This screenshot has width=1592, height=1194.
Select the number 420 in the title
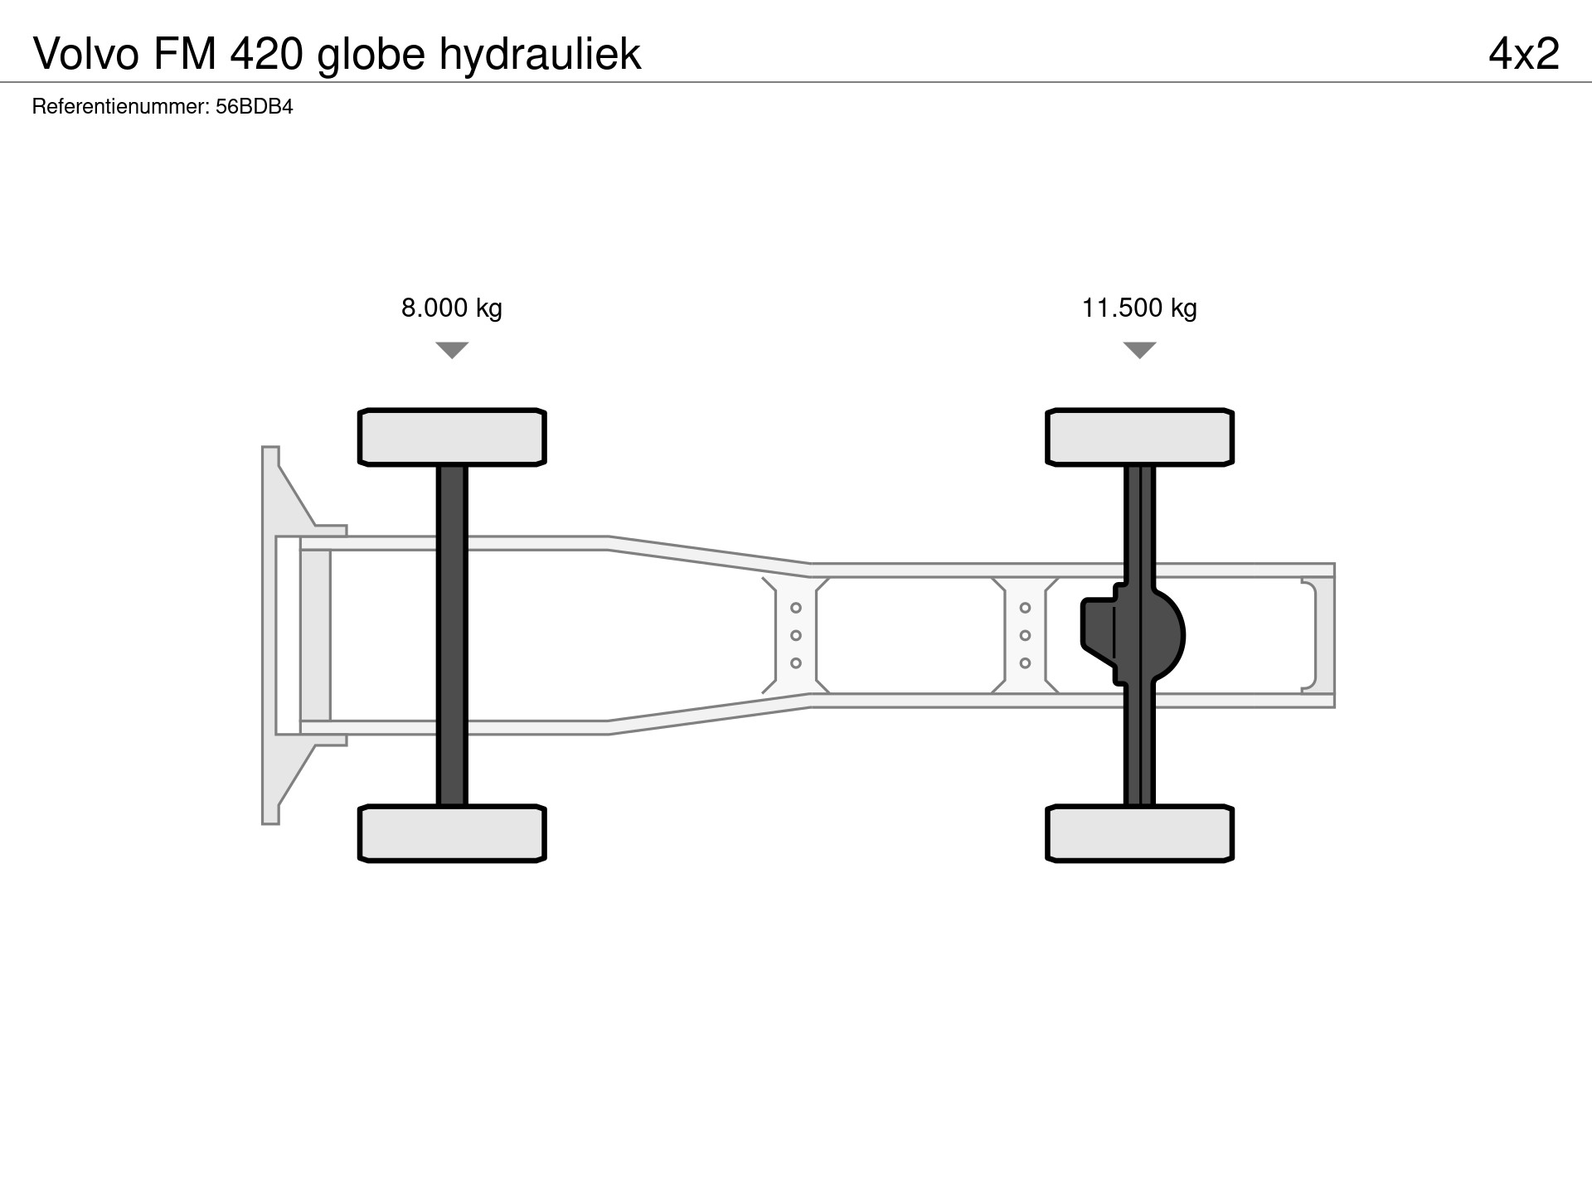point(265,54)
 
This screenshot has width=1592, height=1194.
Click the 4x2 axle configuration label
point(1524,54)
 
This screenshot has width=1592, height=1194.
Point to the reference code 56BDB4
point(255,107)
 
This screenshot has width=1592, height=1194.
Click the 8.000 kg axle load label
point(452,308)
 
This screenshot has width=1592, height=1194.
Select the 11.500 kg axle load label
point(1139,308)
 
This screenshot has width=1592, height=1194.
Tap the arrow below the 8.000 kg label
point(452,350)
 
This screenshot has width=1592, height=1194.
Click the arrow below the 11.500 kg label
point(1140,350)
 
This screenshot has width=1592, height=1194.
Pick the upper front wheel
point(452,437)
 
